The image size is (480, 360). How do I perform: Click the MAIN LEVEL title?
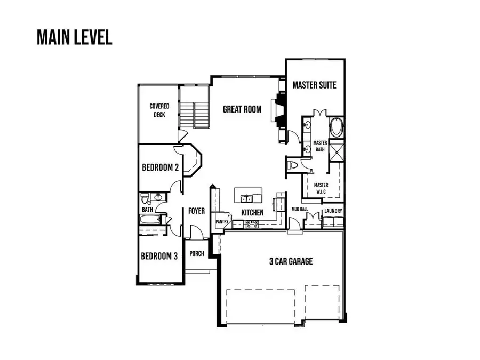click(74, 37)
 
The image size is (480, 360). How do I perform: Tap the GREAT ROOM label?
click(242, 109)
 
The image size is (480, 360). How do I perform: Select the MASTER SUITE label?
click(315, 85)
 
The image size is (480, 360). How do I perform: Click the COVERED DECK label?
click(159, 110)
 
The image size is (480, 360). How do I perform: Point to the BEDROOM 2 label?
click(159, 167)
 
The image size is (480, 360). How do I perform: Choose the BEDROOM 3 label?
click(159, 256)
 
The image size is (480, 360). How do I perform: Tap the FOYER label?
click(196, 211)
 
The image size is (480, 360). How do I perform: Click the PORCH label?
click(197, 253)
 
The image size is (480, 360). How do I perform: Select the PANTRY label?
click(222, 221)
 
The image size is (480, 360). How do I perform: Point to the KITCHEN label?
click(252, 212)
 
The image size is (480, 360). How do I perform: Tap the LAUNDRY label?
click(333, 211)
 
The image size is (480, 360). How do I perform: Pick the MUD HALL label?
click(300, 210)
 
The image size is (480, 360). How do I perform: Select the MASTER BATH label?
click(320, 146)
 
